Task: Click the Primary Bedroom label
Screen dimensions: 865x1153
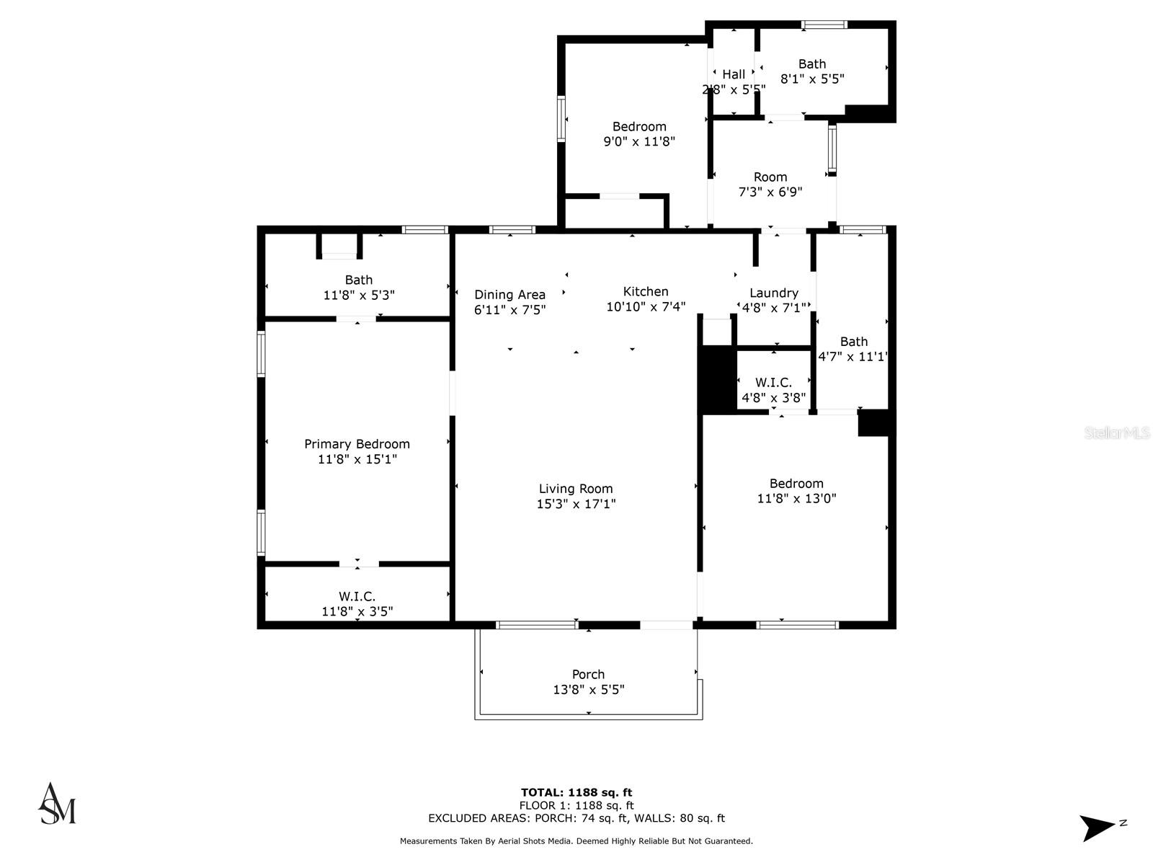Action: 357,444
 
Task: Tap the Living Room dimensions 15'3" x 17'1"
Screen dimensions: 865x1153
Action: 576,504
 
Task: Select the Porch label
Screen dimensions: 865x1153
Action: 588,674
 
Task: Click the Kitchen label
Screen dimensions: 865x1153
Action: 646,291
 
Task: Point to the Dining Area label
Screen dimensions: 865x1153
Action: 509,294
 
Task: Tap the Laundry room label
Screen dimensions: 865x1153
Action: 773,293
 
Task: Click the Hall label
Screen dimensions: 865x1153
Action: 734,74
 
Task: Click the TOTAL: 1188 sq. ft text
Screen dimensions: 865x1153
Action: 576,792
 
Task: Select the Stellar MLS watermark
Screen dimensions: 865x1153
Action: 1117,433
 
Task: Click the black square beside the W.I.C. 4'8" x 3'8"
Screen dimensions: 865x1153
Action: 718,379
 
